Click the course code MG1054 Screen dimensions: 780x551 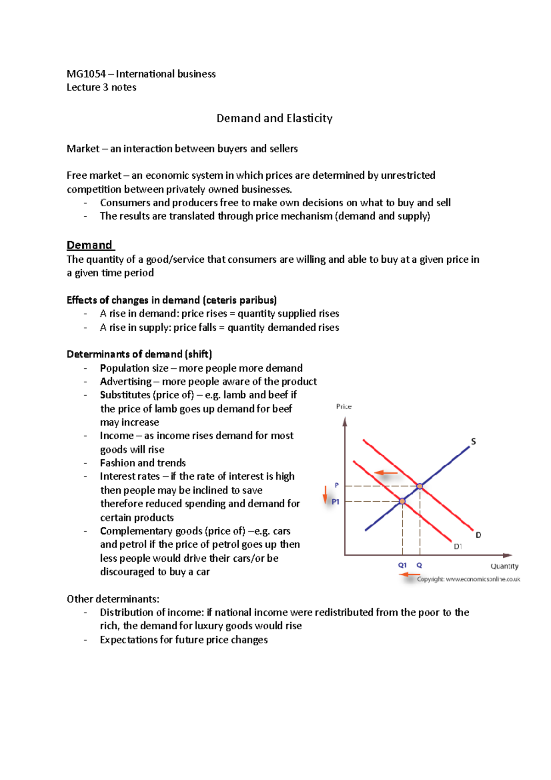[86, 74]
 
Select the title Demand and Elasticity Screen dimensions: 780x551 [274, 119]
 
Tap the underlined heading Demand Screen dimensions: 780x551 [90, 245]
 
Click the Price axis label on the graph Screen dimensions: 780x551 [344, 407]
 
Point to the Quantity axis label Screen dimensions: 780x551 [504, 566]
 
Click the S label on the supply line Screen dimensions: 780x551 [473, 441]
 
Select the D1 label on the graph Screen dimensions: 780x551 [458, 547]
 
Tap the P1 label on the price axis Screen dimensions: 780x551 [336, 502]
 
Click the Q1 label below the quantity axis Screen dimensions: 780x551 [402, 565]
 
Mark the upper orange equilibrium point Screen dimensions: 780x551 [420, 486]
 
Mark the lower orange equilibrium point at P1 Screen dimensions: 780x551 [402, 501]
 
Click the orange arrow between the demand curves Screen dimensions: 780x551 [386, 473]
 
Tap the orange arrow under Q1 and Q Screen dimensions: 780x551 [410, 575]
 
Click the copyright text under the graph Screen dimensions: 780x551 [468, 579]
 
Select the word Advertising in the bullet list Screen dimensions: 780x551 [125, 382]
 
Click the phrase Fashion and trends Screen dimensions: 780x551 [143, 463]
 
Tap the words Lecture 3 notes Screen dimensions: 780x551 [101, 87]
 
